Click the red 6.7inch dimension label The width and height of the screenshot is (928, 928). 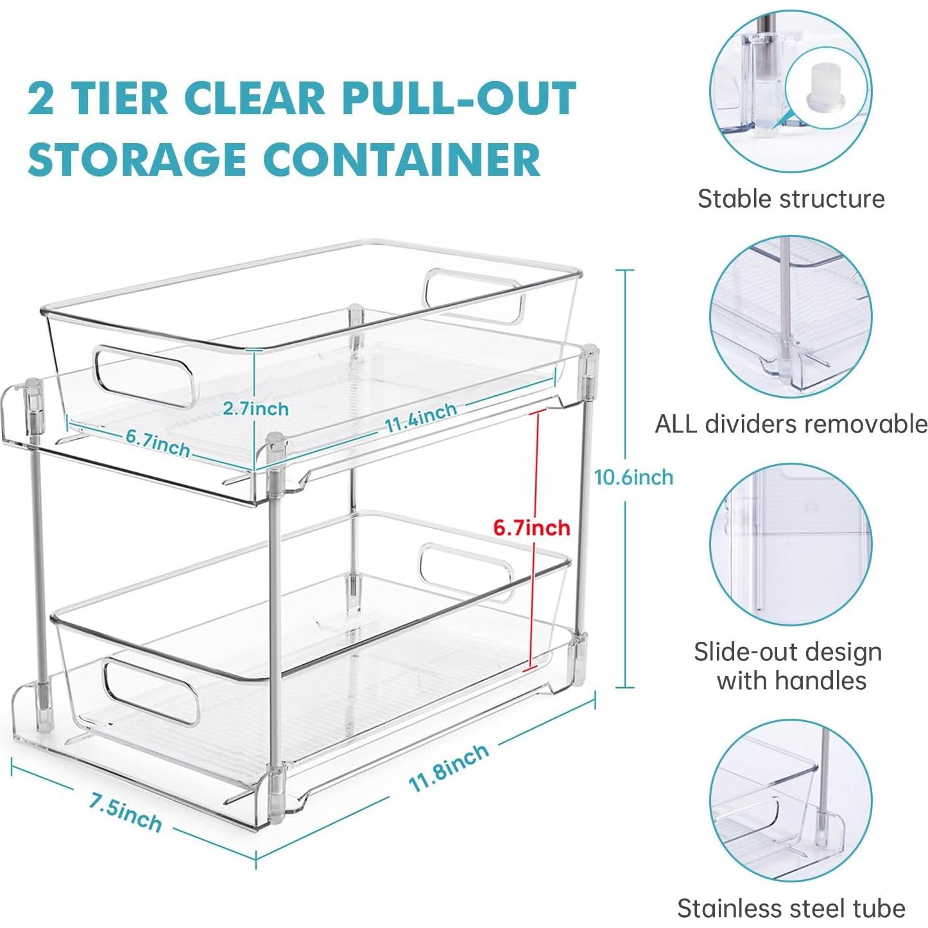(x=531, y=528)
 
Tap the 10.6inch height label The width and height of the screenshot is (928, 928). (x=633, y=477)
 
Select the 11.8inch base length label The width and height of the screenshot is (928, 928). (x=449, y=768)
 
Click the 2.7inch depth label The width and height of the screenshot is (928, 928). (x=255, y=408)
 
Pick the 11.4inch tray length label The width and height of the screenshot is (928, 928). (x=420, y=417)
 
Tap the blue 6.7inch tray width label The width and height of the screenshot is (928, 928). (x=157, y=443)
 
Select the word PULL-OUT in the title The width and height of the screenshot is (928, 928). (x=460, y=98)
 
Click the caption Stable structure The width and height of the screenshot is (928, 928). (x=791, y=198)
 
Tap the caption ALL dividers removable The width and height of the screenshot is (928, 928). (x=791, y=424)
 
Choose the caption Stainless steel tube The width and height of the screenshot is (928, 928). (x=791, y=908)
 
